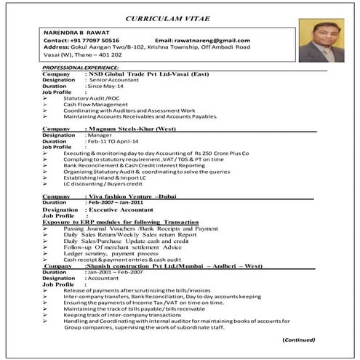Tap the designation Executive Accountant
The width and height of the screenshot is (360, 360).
click(x=124, y=209)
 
